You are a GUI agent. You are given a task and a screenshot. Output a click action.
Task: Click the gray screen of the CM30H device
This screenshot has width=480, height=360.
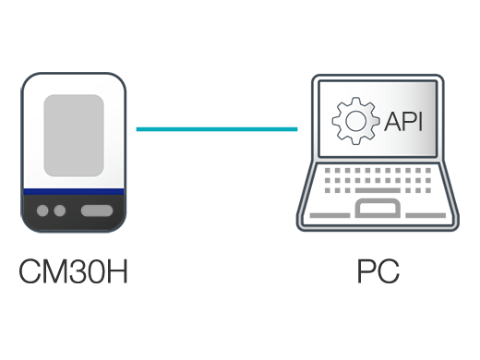73,134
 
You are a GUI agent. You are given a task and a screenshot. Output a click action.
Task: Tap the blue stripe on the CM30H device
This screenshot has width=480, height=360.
73,191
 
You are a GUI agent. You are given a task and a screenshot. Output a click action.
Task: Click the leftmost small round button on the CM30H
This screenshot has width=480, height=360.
43,210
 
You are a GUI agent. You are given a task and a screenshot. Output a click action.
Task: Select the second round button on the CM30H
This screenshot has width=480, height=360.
60,210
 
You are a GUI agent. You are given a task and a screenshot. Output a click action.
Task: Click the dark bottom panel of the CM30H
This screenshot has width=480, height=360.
73,212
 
